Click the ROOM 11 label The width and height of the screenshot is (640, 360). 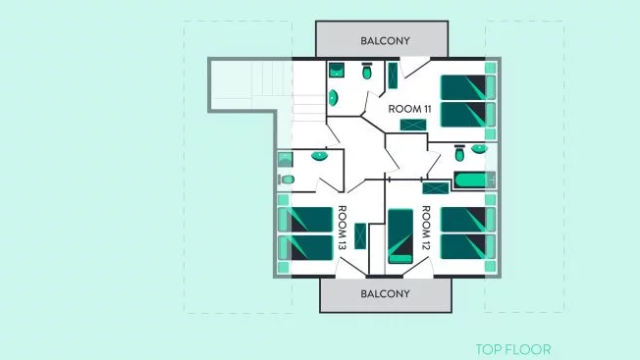(x=409, y=109)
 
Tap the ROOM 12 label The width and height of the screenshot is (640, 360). (x=426, y=228)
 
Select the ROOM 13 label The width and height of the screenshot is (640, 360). (x=342, y=228)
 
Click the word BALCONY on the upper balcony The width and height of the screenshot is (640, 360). (x=385, y=41)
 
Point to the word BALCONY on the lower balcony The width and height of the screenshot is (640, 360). (x=385, y=294)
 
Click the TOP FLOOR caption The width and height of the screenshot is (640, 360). (x=513, y=349)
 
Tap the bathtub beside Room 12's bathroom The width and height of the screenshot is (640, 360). (x=475, y=180)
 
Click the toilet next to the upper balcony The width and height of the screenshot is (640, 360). (x=367, y=72)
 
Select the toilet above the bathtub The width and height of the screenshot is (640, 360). (x=459, y=153)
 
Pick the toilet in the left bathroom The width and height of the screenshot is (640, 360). (x=287, y=180)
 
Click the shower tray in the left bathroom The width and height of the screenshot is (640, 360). (x=285, y=160)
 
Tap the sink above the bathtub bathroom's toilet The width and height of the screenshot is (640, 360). (x=479, y=149)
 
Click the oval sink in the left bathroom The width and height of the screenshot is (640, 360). (x=319, y=156)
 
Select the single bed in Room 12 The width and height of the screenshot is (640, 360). (x=400, y=236)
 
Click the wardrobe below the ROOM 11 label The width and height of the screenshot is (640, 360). (x=413, y=125)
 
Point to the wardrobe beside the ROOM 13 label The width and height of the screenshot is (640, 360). (x=360, y=236)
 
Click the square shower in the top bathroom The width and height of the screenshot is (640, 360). (x=337, y=70)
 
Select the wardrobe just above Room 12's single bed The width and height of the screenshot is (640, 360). (x=436, y=188)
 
